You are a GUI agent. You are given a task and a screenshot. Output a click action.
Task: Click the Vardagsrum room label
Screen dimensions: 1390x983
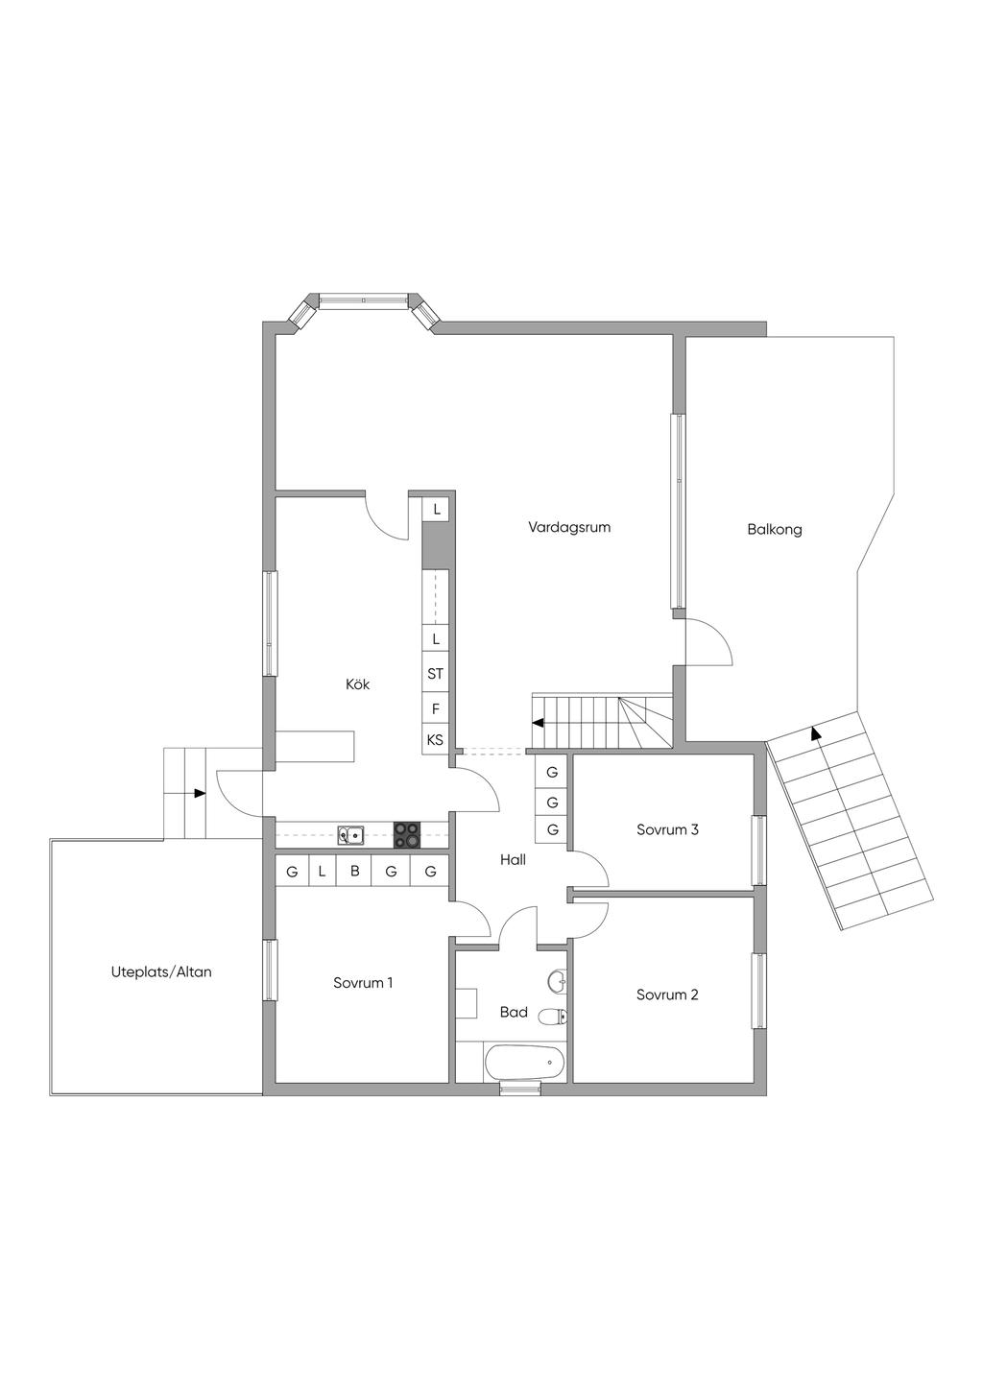click(x=569, y=527)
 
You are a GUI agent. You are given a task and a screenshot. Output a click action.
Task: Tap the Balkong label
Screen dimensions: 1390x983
click(x=775, y=529)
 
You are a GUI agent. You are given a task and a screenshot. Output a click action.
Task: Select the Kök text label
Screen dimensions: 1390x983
click(x=358, y=684)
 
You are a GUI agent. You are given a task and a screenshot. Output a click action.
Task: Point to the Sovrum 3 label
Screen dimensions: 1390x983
click(x=667, y=829)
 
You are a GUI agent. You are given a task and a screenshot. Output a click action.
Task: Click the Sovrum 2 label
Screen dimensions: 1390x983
click(x=667, y=995)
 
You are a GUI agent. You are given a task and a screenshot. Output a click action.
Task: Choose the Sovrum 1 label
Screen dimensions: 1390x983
click(x=363, y=983)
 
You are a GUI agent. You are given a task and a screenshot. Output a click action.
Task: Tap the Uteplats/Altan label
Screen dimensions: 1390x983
click(x=161, y=971)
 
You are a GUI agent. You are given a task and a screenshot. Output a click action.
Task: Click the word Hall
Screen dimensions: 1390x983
click(x=513, y=860)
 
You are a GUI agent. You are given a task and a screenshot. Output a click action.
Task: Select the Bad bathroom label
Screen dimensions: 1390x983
click(x=514, y=1012)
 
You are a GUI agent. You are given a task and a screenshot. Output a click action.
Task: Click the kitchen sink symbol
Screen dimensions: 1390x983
click(x=350, y=835)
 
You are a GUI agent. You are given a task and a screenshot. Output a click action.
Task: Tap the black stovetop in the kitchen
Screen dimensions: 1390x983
click(x=407, y=835)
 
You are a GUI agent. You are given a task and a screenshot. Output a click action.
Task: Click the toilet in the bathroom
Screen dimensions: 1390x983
click(x=552, y=1017)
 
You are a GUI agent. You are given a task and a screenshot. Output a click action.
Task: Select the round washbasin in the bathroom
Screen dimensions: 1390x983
click(x=556, y=981)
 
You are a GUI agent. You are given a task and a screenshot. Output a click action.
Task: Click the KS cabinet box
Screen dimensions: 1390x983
click(x=435, y=740)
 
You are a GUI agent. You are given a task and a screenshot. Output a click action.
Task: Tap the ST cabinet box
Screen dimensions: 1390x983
click(x=435, y=674)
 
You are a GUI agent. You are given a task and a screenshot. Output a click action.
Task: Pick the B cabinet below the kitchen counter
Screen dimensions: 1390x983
click(x=354, y=872)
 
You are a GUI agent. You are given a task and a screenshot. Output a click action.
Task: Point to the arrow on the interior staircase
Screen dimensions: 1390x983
click(x=539, y=723)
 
